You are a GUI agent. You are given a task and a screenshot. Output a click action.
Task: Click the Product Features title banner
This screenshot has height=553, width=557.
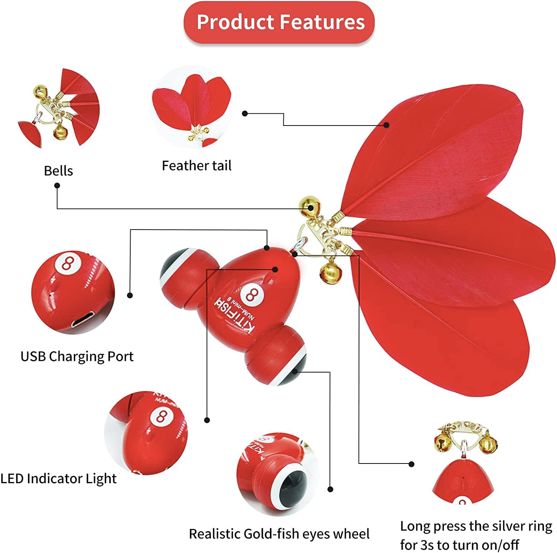279,22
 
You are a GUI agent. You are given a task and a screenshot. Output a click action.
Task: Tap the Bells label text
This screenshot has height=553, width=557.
58,171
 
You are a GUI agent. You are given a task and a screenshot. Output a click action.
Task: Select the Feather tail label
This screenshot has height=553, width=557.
196,166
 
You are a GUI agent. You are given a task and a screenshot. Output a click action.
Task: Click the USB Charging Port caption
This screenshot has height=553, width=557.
77,356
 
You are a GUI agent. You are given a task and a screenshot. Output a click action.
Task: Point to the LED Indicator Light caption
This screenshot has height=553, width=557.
58,478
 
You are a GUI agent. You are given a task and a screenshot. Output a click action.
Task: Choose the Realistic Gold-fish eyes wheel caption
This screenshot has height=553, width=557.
279,534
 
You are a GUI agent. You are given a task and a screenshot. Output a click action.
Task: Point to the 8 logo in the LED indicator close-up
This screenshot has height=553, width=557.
161,416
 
